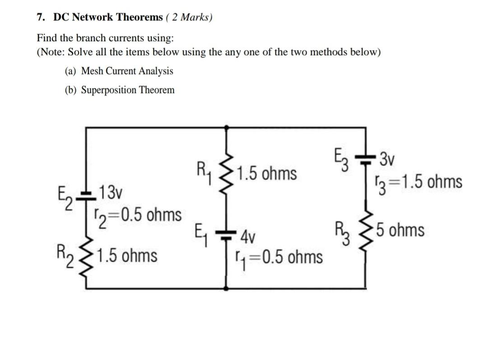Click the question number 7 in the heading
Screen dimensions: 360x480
tap(40, 18)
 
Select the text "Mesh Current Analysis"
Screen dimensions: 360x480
tap(126, 71)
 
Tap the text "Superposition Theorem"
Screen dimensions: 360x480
tap(127, 90)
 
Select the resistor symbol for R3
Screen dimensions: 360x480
tap(365, 231)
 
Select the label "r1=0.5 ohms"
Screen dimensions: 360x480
tap(279, 257)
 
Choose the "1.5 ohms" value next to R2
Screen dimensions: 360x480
tap(127, 256)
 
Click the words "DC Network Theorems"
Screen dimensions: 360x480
tap(107, 18)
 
